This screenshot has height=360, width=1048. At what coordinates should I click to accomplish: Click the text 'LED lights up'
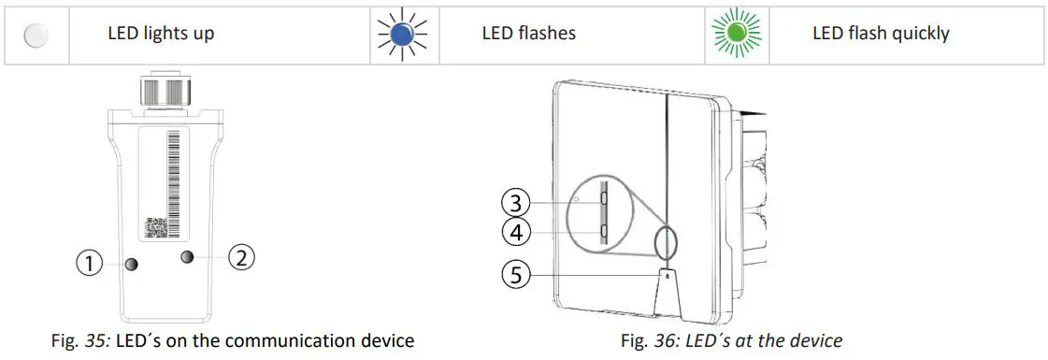tap(161, 34)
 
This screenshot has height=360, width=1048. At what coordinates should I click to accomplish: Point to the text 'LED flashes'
tap(528, 34)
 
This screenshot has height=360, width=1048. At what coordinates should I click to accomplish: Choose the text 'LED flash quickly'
tap(881, 34)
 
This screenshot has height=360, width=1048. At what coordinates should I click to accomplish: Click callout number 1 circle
tap(90, 265)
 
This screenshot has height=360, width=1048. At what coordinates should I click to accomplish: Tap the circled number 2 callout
tap(240, 257)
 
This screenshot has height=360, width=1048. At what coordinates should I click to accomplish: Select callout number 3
tap(516, 201)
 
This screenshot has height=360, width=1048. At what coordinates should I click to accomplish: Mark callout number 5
tap(516, 275)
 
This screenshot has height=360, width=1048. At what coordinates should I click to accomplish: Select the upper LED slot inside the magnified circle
tap(605, 199)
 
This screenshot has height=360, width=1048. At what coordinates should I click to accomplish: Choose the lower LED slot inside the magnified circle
tap(605, 230)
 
